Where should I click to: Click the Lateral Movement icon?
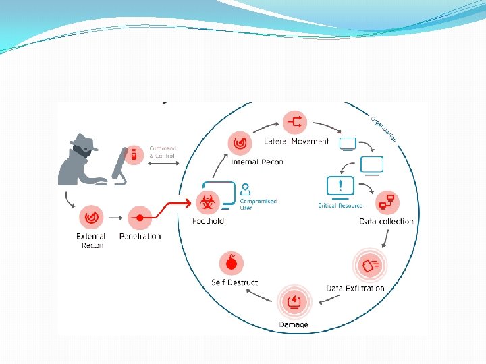[x=296, y=122]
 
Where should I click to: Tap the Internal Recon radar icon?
[x=240, y=142]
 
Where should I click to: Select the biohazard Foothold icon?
[x=207, y=201]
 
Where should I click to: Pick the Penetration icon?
[x=140, y=218]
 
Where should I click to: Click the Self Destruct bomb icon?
[x=232, y=262]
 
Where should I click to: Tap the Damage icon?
[x=294, y=301]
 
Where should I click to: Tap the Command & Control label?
[x=162, y=152]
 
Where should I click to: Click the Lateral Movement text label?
[x=297, y=142]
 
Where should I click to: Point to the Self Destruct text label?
[x=234, y=282]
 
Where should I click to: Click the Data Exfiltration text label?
[x=355, y=288]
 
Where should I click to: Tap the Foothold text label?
[x=208, y=220]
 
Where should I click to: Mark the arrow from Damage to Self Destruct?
[x=259, y=295]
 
